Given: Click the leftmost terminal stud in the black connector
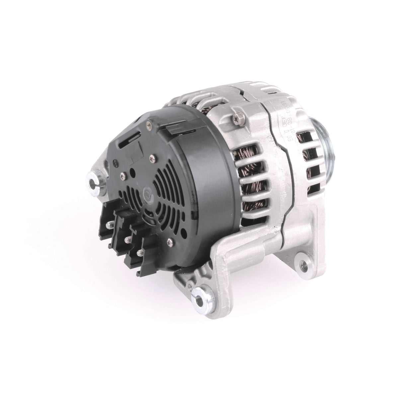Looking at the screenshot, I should tap(108, 225).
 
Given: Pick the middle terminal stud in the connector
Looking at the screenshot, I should tap(127, 239).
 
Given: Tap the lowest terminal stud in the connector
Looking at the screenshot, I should tap(139, 253).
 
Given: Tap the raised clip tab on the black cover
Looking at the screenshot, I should tap(173, 130).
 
